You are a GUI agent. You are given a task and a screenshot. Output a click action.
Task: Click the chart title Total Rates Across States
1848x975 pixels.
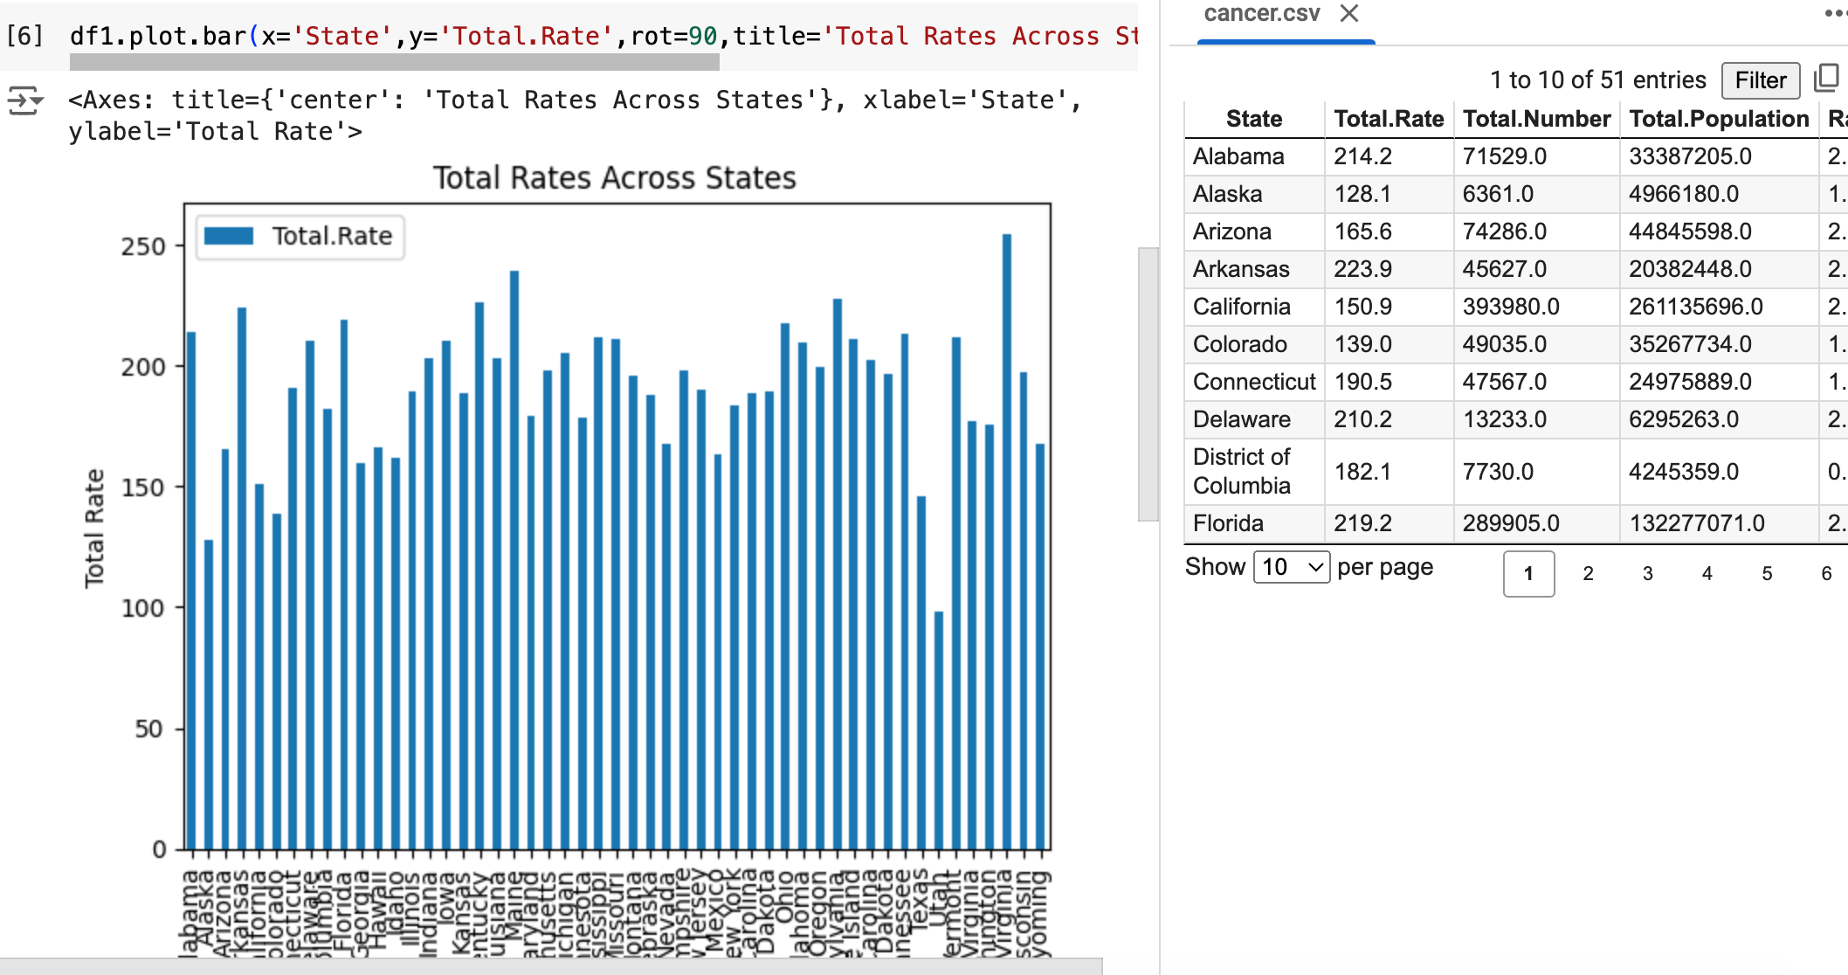614,178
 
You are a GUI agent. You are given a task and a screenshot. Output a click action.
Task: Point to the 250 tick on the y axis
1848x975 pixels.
144,246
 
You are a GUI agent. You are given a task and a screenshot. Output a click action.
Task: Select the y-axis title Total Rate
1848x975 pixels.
94,528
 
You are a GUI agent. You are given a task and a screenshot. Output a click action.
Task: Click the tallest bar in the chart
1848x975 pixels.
1007,542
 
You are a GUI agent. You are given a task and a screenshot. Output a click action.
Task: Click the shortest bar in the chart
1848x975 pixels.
939,730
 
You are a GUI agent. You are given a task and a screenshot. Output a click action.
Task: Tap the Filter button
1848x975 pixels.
1760,80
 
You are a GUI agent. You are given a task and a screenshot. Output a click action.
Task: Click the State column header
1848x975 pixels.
1254,119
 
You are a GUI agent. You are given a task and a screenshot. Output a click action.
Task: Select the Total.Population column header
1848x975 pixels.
1718,119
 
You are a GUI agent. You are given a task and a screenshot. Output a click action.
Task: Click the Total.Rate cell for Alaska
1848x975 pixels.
1362,194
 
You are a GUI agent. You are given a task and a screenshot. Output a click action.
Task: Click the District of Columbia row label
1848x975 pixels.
1241,471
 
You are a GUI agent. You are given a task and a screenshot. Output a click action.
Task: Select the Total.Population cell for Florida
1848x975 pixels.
1696,523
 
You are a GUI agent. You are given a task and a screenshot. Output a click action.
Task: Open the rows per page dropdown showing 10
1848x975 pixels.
1291,567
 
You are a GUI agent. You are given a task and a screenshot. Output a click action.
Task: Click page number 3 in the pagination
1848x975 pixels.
1647,574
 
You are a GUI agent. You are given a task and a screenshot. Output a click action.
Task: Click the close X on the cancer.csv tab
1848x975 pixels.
1349,13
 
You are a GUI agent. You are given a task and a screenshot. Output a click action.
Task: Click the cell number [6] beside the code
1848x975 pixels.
24,36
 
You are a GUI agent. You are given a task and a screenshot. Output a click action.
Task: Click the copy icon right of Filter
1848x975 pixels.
1825,79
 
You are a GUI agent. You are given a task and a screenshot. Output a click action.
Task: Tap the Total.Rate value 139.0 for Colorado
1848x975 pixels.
1362,344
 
